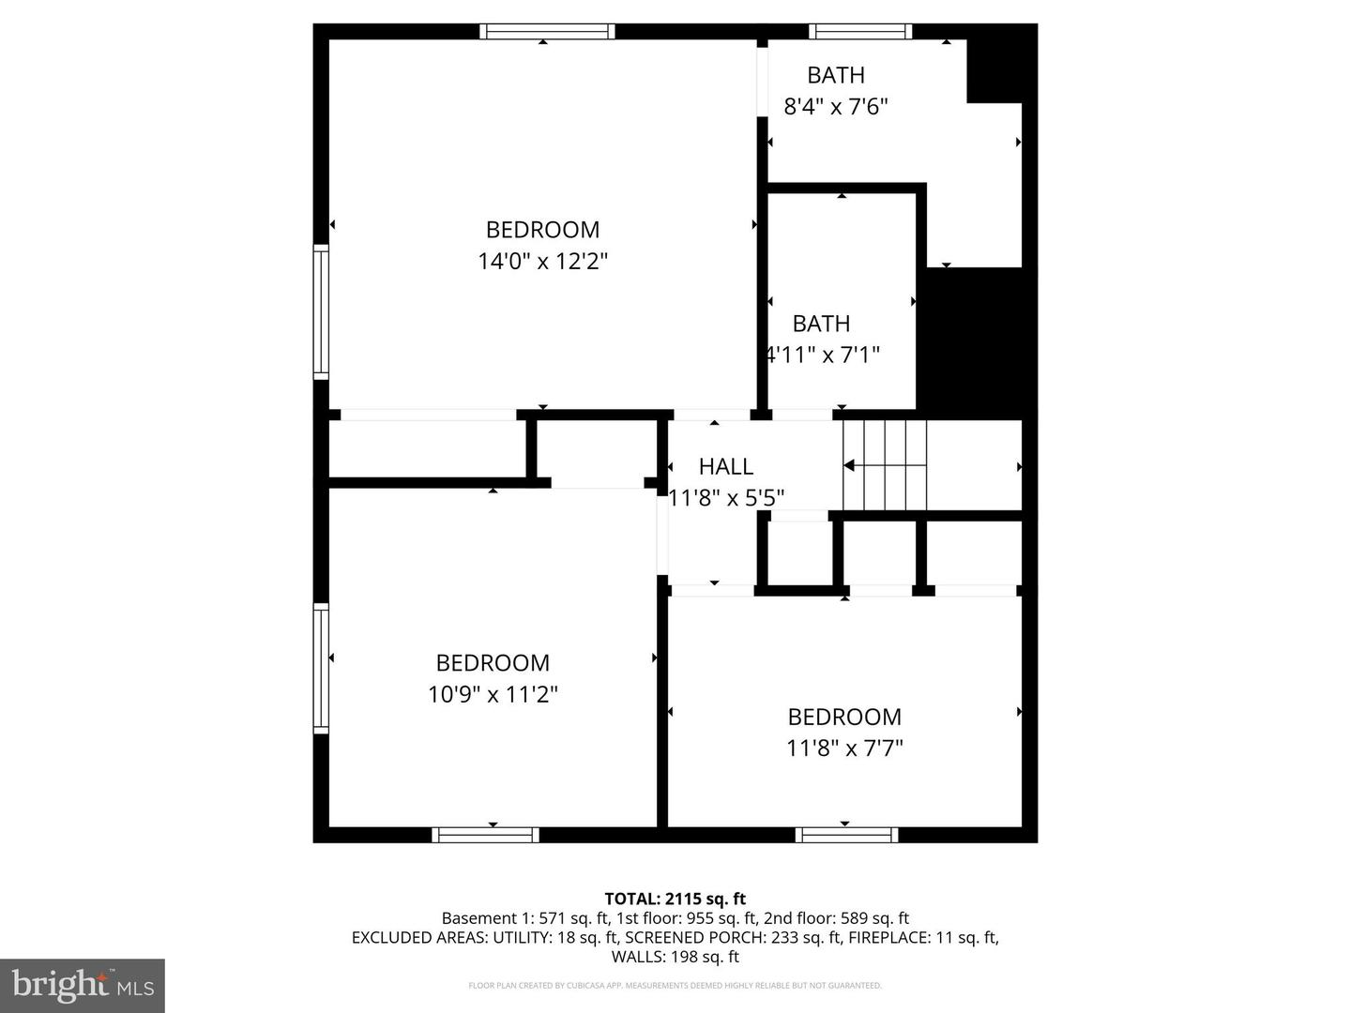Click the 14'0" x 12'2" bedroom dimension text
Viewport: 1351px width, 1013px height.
543,261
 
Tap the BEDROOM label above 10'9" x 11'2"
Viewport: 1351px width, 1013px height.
493,663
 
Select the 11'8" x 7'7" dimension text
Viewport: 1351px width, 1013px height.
844,748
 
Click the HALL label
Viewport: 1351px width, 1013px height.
725,466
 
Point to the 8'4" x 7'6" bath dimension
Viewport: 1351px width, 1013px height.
836,106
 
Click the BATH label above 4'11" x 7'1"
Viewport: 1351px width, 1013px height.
821,324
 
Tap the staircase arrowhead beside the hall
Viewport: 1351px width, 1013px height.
848,465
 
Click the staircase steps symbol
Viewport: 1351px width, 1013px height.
885,465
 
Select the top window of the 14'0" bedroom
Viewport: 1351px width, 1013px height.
547,32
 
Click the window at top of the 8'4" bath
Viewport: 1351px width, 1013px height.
860,32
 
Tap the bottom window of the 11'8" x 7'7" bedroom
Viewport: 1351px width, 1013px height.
846,835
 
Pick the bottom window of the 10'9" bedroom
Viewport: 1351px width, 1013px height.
485,835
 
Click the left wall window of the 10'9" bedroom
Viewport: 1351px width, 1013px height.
321,668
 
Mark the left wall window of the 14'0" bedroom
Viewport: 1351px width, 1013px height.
321,311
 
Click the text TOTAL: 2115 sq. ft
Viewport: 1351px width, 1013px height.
675,899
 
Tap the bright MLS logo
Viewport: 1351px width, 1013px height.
83,985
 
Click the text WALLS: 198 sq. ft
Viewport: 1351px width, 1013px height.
675,957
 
